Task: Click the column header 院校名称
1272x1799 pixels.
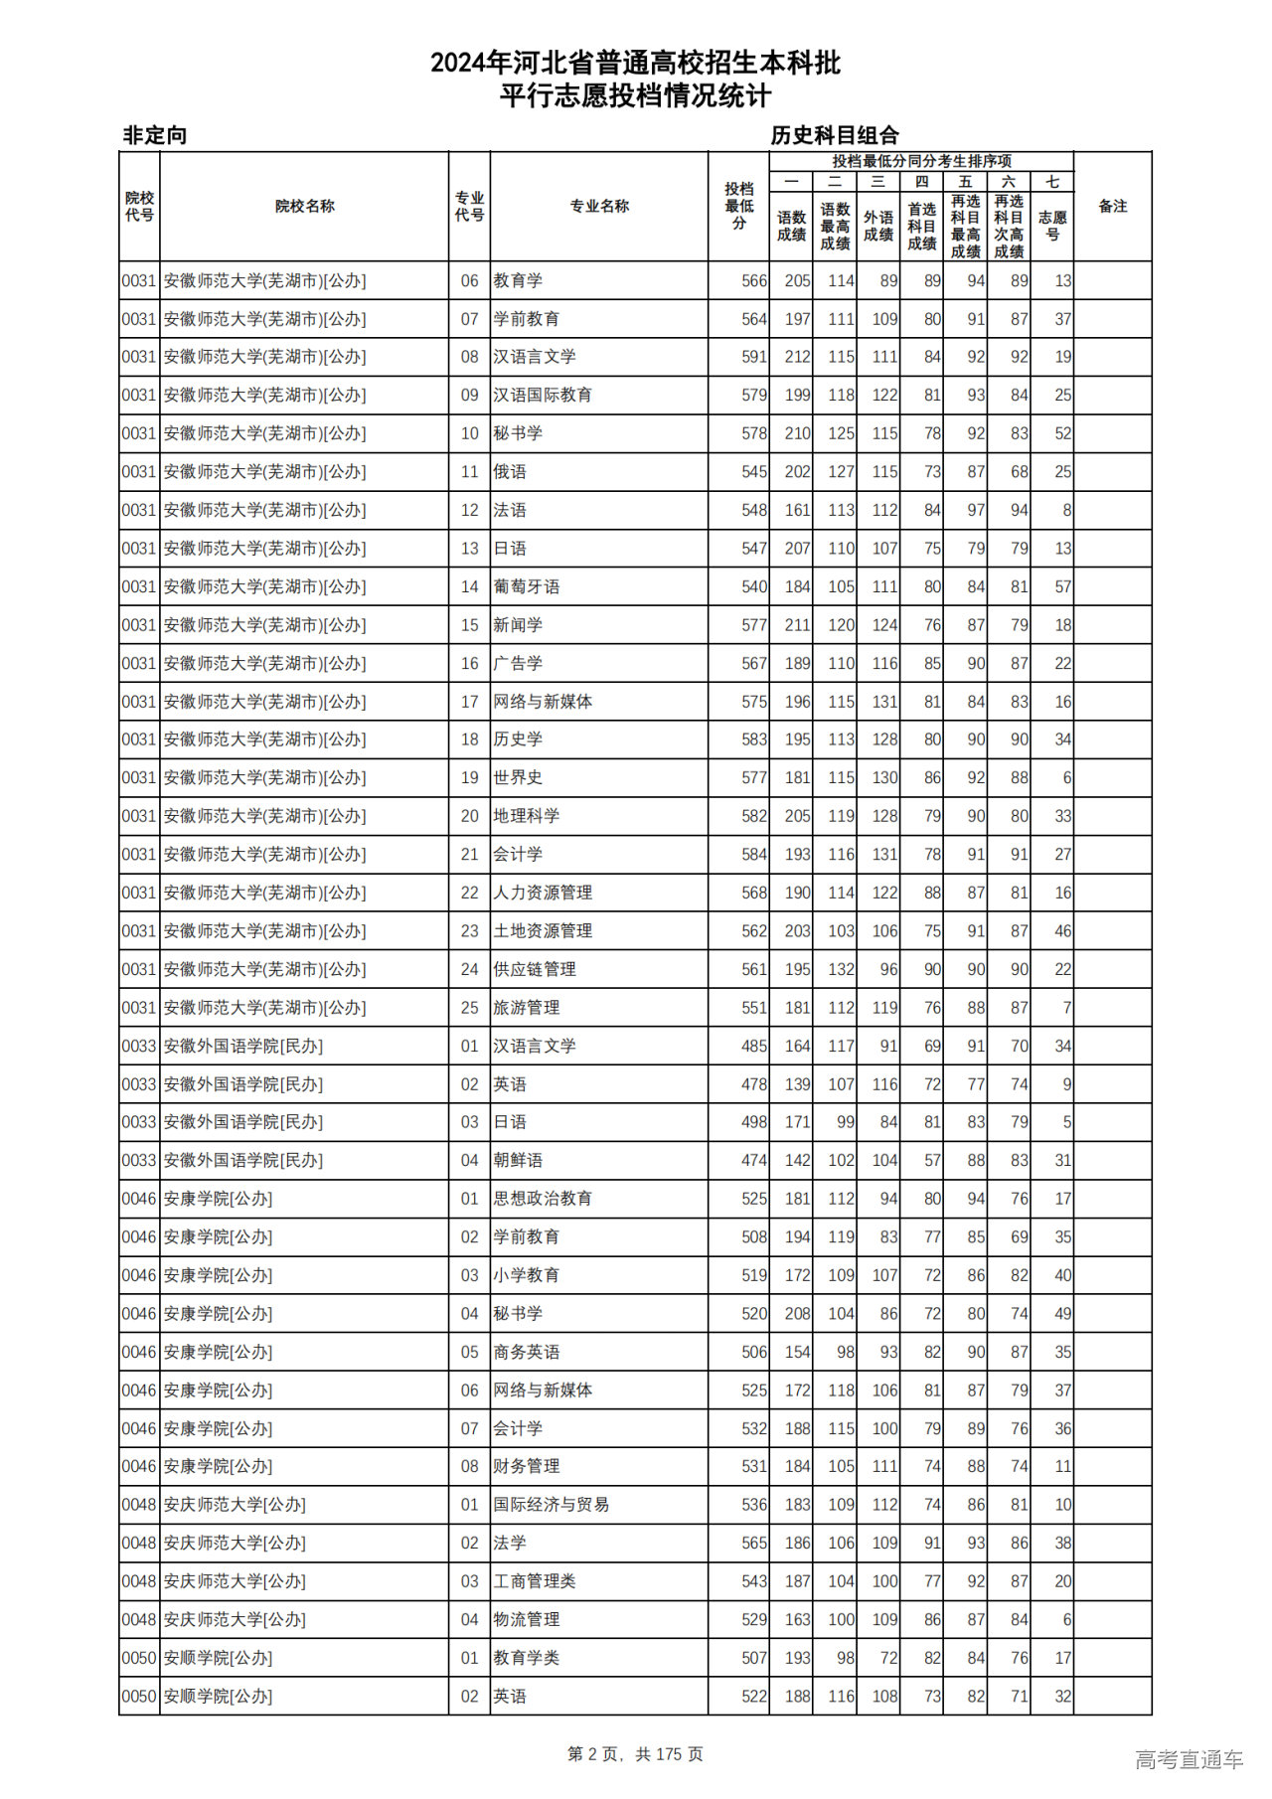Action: [x=304, y=207]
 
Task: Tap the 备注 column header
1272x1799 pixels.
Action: [x=1112, y=207]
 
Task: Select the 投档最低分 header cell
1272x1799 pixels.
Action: [x=738, y=207]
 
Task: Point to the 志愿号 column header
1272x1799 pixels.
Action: [x=1051, y=226]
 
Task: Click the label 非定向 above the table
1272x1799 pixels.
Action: [x=155, y=135]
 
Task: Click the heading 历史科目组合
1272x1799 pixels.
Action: [x=835, y=135]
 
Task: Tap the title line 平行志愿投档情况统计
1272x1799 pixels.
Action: [x=635, y=96]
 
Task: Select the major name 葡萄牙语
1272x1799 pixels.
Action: [x=527, y=587]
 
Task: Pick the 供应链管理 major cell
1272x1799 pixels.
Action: [x=535, y=969]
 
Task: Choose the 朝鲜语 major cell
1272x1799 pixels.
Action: [x=518, y=1160]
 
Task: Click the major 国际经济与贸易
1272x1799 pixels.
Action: [x=552, y=1505]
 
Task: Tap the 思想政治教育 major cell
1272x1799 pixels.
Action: [x=543, y=1199]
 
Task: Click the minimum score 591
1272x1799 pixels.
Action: [x=753, y=357]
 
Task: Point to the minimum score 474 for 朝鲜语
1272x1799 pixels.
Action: [x=753, y=1160]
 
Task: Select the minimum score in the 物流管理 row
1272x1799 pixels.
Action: [x=753, y=1619]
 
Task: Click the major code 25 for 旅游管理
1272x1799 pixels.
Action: [x=469, y=1008]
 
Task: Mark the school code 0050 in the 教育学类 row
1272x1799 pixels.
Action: [x=139, y=1658]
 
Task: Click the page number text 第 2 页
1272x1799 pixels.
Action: [x=594, y=1754]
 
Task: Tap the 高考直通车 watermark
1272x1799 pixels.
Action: [x=1189, y=1759]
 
